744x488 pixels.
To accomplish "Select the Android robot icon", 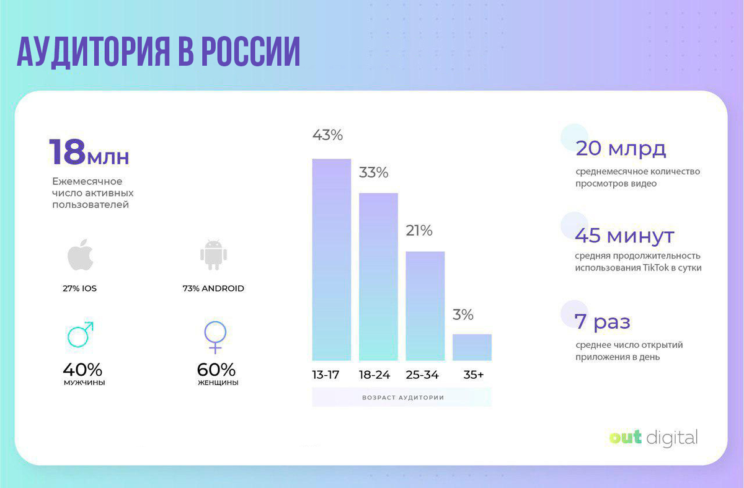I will click(213, 255).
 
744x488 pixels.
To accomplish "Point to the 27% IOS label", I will click(79, 288).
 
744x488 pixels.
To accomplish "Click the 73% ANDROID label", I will click(213, 288).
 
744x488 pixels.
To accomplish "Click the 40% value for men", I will click(82, 370).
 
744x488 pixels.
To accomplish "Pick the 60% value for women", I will click(216, 370).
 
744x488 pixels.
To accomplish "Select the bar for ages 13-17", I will click(331, 260).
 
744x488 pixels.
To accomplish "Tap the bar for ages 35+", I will click(472, 347).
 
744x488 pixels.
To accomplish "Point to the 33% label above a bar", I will click(374, 173).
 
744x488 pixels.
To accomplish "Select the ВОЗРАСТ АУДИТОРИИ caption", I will click(402, 397).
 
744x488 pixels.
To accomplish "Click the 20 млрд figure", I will click(621, 149).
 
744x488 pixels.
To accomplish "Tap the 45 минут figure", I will click(624, 236).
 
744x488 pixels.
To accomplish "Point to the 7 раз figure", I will click(603, 322).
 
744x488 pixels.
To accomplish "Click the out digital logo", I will click(653, 438).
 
